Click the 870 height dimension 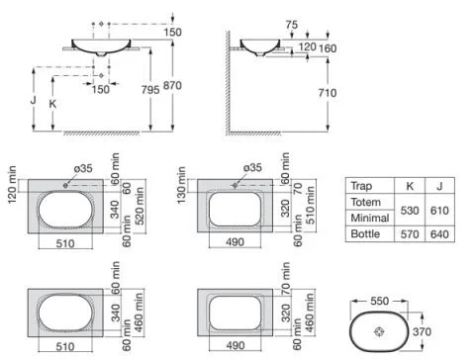(172, 86)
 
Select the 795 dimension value (150, 90)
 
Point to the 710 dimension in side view (328, 93)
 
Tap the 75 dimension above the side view (292, 25)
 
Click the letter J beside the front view (34, 100)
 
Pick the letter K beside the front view (52, 104)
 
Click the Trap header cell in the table (361, 186)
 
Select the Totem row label (365, 202)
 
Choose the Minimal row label (370, 218)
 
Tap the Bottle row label (365, 233)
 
